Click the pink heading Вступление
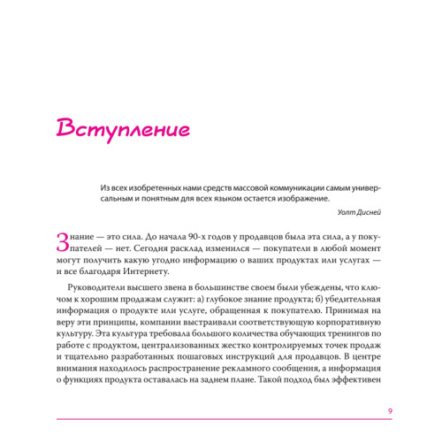click(123, 129)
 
